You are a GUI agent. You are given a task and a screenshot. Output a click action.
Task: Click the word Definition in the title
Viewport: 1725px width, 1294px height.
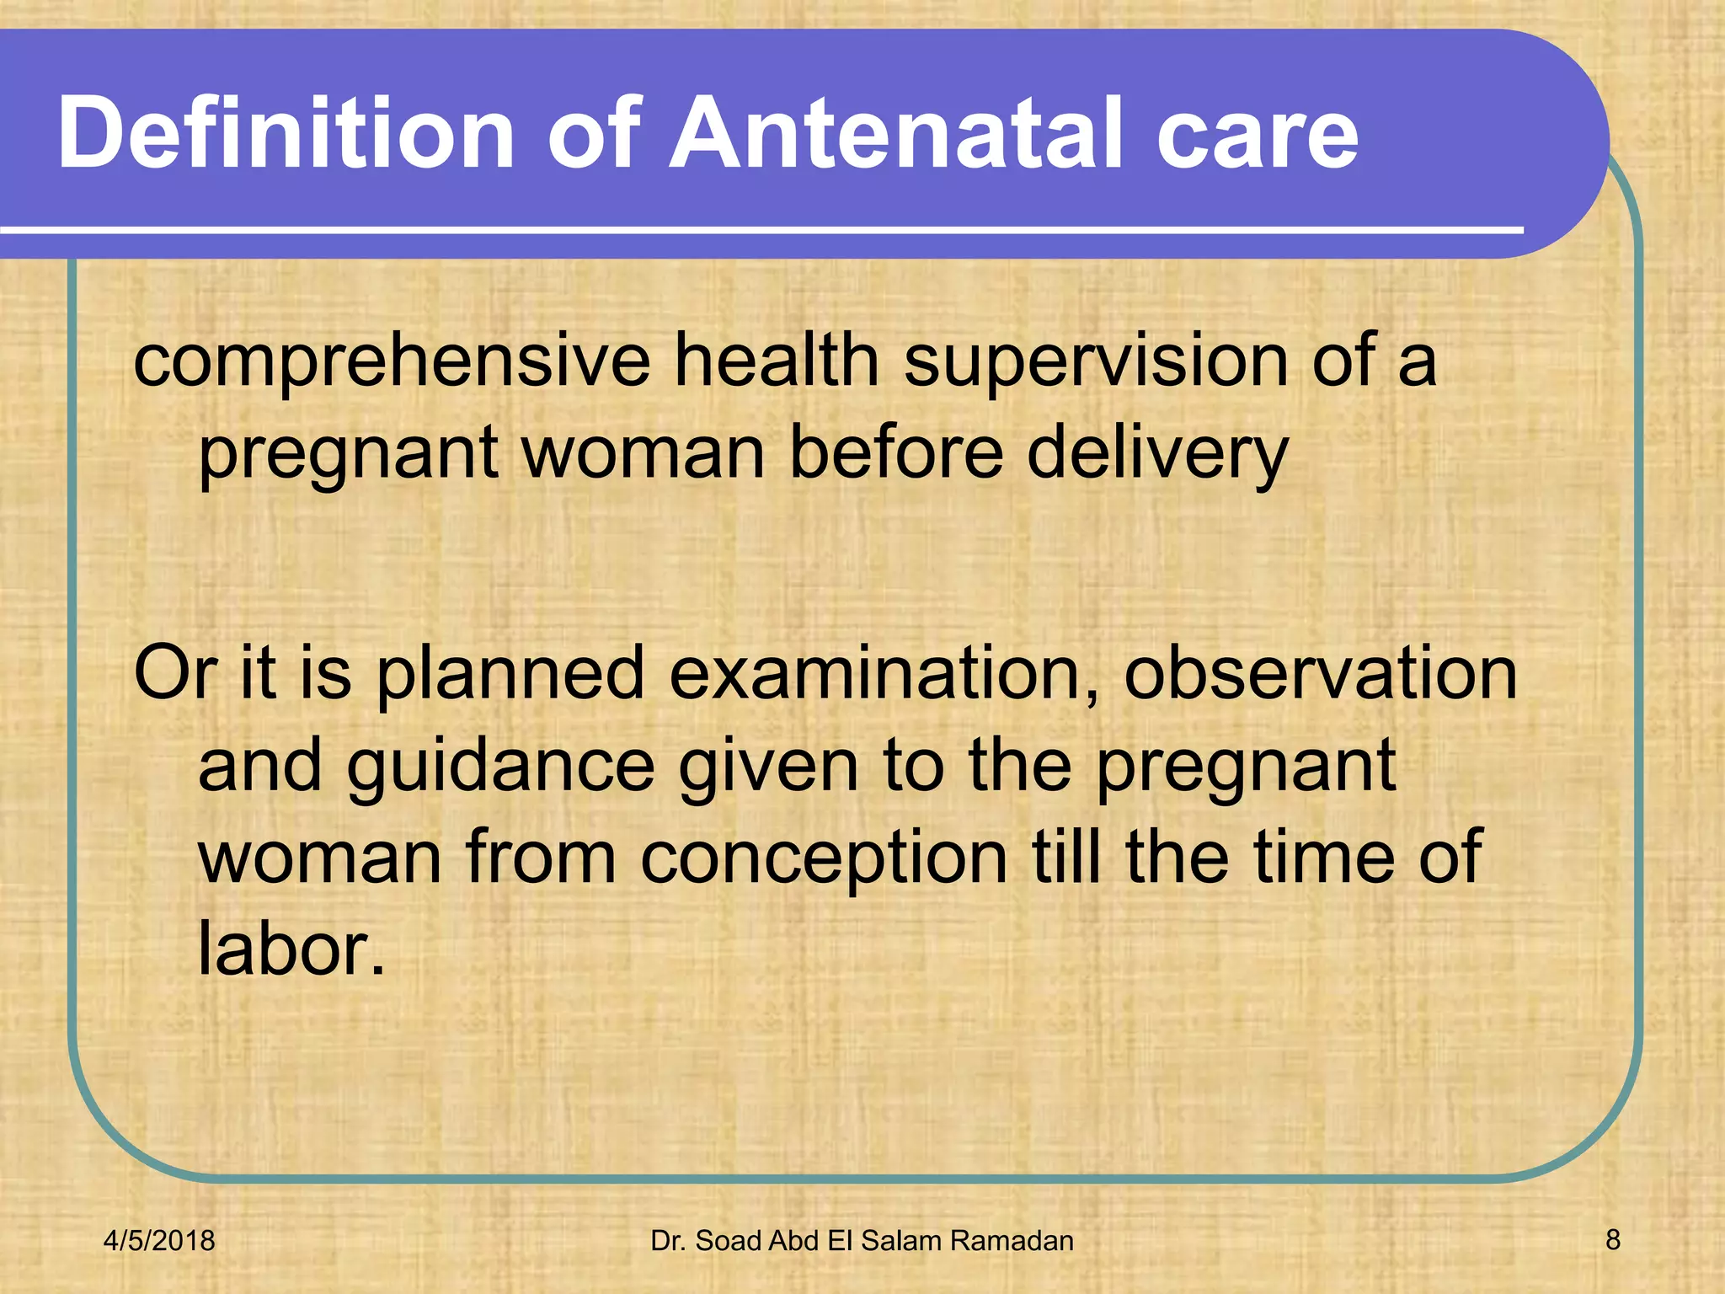[286, 133]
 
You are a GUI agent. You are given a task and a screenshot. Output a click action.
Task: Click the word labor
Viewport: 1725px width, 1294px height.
[291, 949]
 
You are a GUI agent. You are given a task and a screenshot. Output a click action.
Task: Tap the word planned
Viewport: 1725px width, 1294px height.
[510, 674]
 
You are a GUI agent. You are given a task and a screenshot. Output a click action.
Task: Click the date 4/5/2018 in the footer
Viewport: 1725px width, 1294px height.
[159, 1241]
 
